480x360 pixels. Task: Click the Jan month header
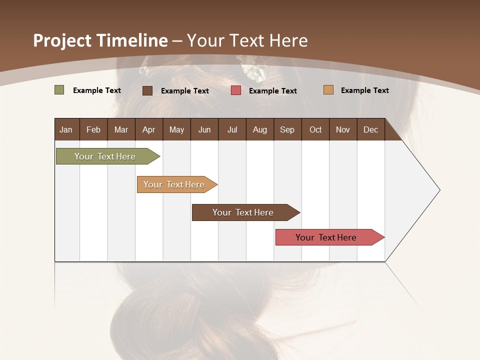pos(66,129)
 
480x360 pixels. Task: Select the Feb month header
pos(93,129)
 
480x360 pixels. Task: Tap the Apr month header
pos(148,129)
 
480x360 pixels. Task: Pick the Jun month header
pos(204,129)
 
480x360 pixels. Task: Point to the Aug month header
pos(259,129)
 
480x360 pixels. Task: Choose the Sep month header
pos(287,129)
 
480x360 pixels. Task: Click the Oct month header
pos(315,129)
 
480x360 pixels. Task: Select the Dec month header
pos(370,129)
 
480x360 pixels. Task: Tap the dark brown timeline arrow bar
pos(243,212)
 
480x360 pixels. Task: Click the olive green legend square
pos(59,90)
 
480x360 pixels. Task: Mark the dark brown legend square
pos(147,90)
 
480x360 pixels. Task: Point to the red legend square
pos(236,90)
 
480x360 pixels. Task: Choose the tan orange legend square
pos(328,90)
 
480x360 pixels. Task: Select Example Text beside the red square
pos(272,90)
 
